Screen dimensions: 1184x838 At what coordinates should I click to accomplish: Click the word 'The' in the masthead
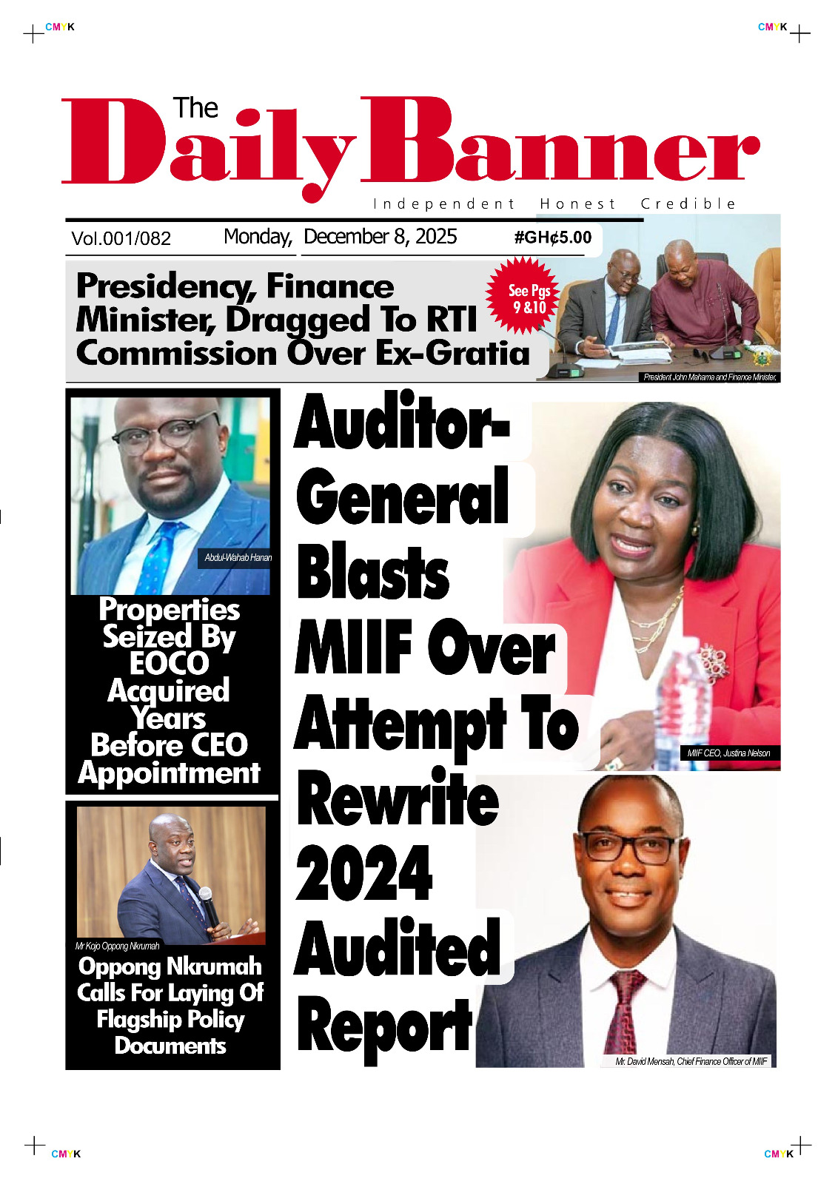tap(195, 109)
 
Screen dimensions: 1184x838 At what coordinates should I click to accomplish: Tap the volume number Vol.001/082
tap(121, 238)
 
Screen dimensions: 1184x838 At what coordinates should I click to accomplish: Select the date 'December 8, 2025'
tap(380, 237)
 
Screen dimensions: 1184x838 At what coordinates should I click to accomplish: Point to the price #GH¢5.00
tap(553, 238)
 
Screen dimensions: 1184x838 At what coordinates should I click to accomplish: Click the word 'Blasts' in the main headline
tap(372, 573)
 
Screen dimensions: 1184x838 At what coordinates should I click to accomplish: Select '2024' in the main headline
tap(363, 873)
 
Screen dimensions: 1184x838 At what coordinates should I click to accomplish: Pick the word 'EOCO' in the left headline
tap(170, 663)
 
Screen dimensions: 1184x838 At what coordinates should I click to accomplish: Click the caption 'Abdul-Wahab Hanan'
tap(238, 558)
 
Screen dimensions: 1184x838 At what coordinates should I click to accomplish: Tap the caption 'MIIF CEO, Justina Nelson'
tap(728, 753)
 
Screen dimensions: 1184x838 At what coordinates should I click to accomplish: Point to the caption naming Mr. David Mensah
tap(691, 1061)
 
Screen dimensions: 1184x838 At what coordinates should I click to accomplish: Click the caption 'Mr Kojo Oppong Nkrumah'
tap(117, 946)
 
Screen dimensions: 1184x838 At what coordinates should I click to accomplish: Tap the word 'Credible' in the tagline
tap(688, 204)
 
